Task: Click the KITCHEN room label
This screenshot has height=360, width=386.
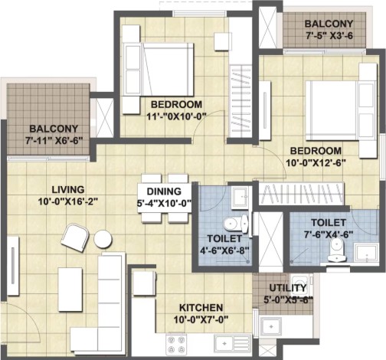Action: click(x=201, y=308)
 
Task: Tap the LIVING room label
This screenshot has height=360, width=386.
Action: click(x=68, y=190)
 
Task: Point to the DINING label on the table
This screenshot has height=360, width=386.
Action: click(x=164, y=191)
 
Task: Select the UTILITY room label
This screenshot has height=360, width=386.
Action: click(x=288, y=288)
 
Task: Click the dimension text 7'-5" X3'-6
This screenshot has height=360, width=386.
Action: click(x=329, y=35)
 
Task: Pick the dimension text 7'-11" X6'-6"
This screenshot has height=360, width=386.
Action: click(x=54, y=141)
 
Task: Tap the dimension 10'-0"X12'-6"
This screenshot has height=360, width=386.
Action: click(x=316, y=163)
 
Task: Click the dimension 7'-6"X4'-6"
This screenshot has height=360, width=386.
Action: click(x=329, y=234)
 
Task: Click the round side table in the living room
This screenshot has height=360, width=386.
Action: click(x=103, y=239)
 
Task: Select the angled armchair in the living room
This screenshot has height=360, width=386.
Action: click(x=75, y=237)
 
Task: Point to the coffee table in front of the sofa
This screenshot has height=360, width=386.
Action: click(x=70, y=290)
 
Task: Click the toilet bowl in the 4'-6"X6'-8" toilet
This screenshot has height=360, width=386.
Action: click(x=235, y=224)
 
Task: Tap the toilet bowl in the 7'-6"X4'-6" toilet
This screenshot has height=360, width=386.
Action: click(x=337, y=251)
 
